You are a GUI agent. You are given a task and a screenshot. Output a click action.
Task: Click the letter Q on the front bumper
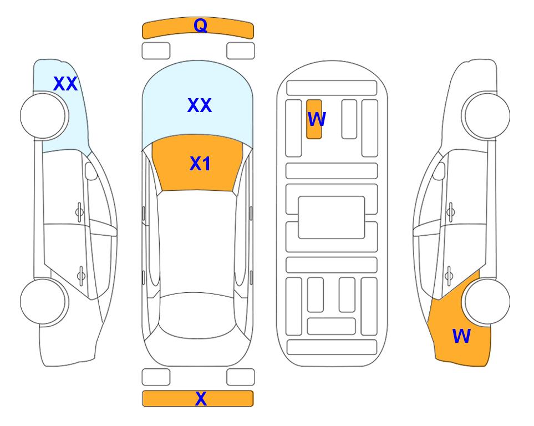(200, 26)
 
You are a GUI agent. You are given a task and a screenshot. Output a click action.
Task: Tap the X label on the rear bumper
(201, 398)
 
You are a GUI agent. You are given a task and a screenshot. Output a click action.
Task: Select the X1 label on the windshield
(200, 164)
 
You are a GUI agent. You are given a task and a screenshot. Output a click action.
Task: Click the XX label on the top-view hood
(200, 105)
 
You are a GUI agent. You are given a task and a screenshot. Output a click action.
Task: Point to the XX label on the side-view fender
(65, 84)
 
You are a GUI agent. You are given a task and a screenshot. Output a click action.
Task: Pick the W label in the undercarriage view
(317, 119)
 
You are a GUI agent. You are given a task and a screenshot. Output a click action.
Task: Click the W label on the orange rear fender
(461, 336)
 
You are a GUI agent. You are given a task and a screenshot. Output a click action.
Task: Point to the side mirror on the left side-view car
(91, 171)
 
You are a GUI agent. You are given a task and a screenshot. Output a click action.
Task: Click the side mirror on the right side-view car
(439, 171)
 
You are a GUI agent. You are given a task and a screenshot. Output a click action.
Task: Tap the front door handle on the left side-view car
(79, 212)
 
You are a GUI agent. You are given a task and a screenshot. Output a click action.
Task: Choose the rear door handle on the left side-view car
(81, 275)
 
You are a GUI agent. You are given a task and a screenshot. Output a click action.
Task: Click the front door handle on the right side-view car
(451, 212)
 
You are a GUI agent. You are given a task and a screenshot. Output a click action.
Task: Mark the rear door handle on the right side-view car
(449, 275)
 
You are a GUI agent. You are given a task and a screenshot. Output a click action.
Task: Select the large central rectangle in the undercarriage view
(332, 217)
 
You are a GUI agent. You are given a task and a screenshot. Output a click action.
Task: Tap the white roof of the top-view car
(197, 242)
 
